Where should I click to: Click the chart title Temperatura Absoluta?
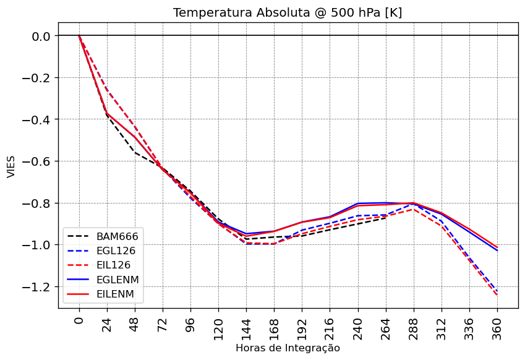click(288, 13)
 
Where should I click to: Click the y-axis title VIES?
click(11, 165)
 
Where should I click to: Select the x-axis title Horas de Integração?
click(288, 348)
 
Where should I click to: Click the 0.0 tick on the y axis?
click(40, 36)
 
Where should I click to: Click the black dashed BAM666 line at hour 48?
click(135, 152)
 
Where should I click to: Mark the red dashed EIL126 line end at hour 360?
click(497, 295)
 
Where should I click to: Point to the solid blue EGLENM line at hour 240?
click(358, 204)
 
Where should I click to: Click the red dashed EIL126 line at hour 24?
click(107, 90)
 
